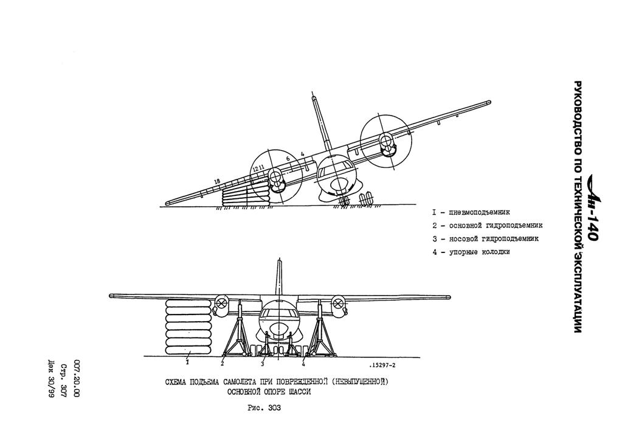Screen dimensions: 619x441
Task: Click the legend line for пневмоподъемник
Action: [471, 212]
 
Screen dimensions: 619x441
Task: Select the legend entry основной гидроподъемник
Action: [487, 226]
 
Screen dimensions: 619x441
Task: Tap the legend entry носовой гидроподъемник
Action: [485, 239]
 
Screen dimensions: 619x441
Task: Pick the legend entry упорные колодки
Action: [471, 252]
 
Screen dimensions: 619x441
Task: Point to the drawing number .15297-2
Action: [382, 365]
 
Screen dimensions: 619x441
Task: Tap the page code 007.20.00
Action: [77, 378]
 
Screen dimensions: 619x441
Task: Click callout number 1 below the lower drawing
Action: [187, 362]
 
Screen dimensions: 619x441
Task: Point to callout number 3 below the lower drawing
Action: [262, 364]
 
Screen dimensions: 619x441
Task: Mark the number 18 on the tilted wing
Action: [216, 181]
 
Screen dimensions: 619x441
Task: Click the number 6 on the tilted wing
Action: [288, 158]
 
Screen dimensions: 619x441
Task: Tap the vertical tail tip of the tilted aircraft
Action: [314, 97]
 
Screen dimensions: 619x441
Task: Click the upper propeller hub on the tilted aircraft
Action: [384, 139]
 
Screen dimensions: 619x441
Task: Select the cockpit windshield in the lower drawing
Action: [278, 313]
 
